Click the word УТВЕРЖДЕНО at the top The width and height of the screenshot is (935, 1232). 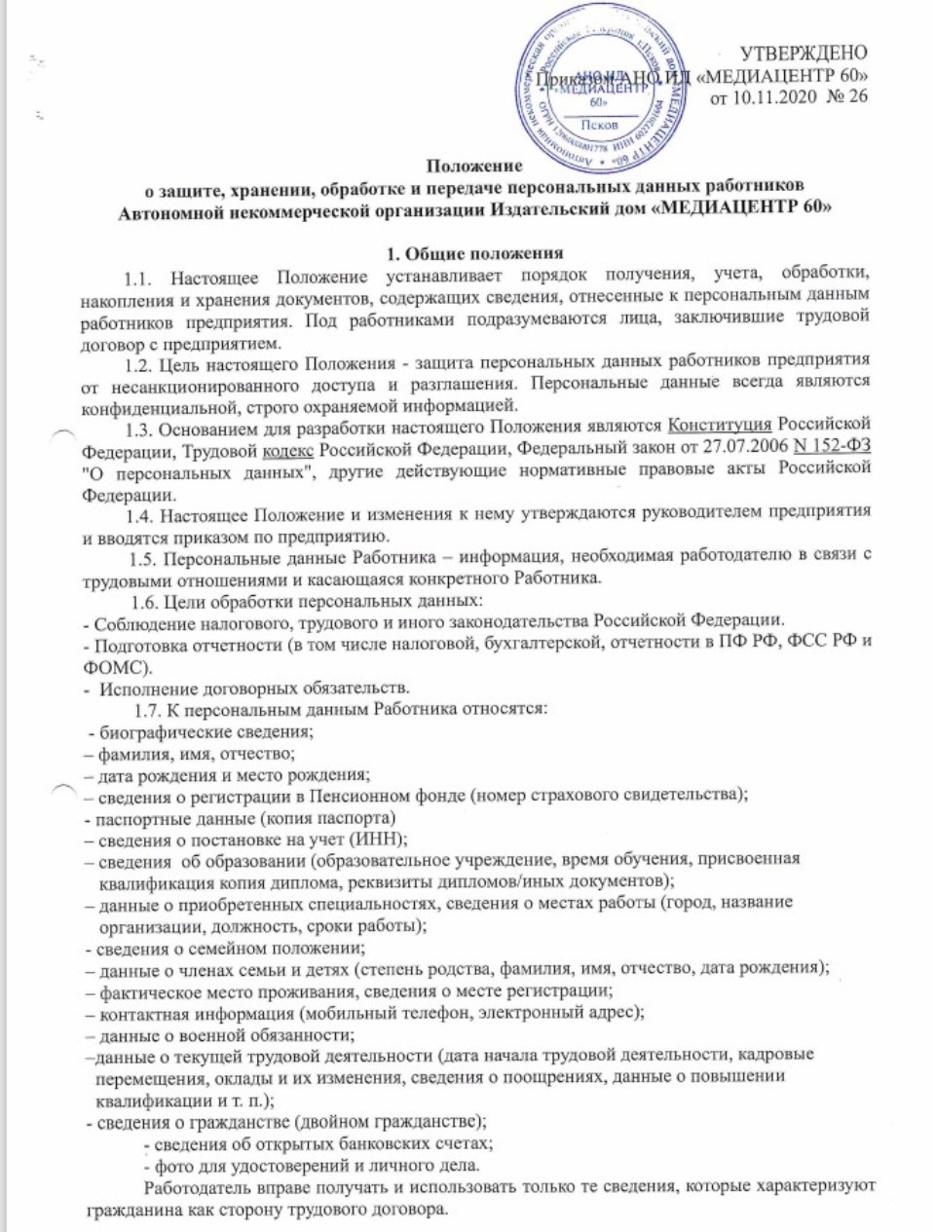pyautogui.click(x=804, y=53)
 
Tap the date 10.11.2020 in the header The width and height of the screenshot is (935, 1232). pyautogui.click(x=770, y=96)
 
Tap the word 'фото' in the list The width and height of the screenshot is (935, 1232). pyautogui.click(x=166, y=1166)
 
